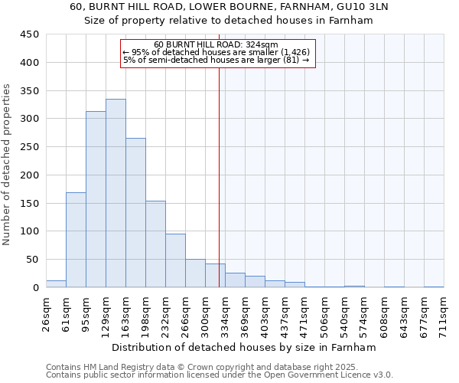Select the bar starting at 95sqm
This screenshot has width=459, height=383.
tap(96, 199)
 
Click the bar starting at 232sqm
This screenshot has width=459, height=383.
tap(175, 260)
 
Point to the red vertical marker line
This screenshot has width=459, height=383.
tap(220, 176)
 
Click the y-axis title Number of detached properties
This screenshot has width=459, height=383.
tap(7, 165)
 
